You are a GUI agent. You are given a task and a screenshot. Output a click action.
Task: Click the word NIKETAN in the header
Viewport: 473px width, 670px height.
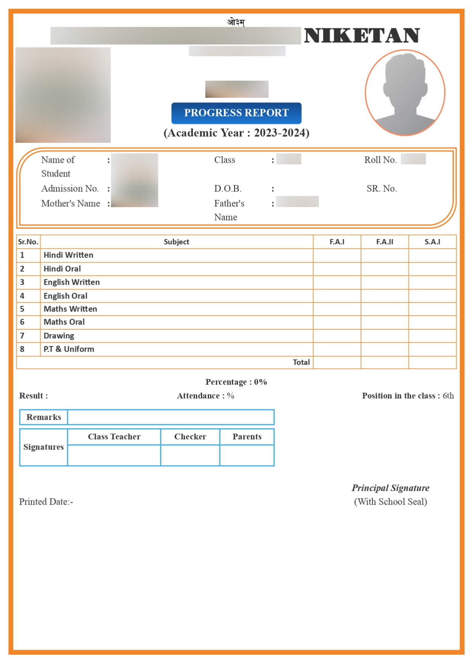pos(362,36)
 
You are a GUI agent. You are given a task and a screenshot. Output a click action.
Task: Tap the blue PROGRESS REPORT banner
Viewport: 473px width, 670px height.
pos(236,113)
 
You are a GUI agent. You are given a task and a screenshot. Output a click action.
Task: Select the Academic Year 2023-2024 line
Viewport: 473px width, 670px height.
pos(236,133)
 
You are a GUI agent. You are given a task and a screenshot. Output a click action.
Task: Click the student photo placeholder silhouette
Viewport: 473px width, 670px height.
pos(405,92)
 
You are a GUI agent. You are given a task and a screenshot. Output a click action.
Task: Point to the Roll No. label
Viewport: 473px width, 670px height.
pos(380,160)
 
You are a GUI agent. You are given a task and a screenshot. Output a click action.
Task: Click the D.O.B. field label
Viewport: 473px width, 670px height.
pos(228,188)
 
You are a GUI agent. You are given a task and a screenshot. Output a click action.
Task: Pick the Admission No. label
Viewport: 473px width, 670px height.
pos(70,188)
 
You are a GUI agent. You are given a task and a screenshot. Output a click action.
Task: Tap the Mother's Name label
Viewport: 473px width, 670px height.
pos(71,203)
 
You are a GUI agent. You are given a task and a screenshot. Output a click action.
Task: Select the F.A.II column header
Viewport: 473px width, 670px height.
pos(385,242)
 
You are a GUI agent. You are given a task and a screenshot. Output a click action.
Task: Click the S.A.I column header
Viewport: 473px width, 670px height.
pos(432,242)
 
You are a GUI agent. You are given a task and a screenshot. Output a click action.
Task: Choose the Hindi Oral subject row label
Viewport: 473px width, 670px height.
pos(62,269)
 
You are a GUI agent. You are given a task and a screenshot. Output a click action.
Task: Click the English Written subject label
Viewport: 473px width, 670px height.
pos(72,282)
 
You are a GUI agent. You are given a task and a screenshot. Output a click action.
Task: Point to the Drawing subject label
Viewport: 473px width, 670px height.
pos(59,335)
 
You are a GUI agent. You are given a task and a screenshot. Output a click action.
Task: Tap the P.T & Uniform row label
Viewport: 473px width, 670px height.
pos(69,349)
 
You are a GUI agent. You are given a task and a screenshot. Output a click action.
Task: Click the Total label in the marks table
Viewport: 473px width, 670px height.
pos(301,362)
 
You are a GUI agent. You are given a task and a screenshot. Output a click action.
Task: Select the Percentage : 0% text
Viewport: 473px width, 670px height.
pos(236,382)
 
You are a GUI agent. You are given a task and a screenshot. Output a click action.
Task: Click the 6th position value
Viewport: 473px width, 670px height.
pos(448,396)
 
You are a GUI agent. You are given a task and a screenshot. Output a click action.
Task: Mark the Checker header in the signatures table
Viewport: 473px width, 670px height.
pos(190,437)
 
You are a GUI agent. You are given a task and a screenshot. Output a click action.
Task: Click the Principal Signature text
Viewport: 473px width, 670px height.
pos(390,488)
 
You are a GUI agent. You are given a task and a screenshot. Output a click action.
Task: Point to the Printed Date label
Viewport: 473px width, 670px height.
pos(46,502)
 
